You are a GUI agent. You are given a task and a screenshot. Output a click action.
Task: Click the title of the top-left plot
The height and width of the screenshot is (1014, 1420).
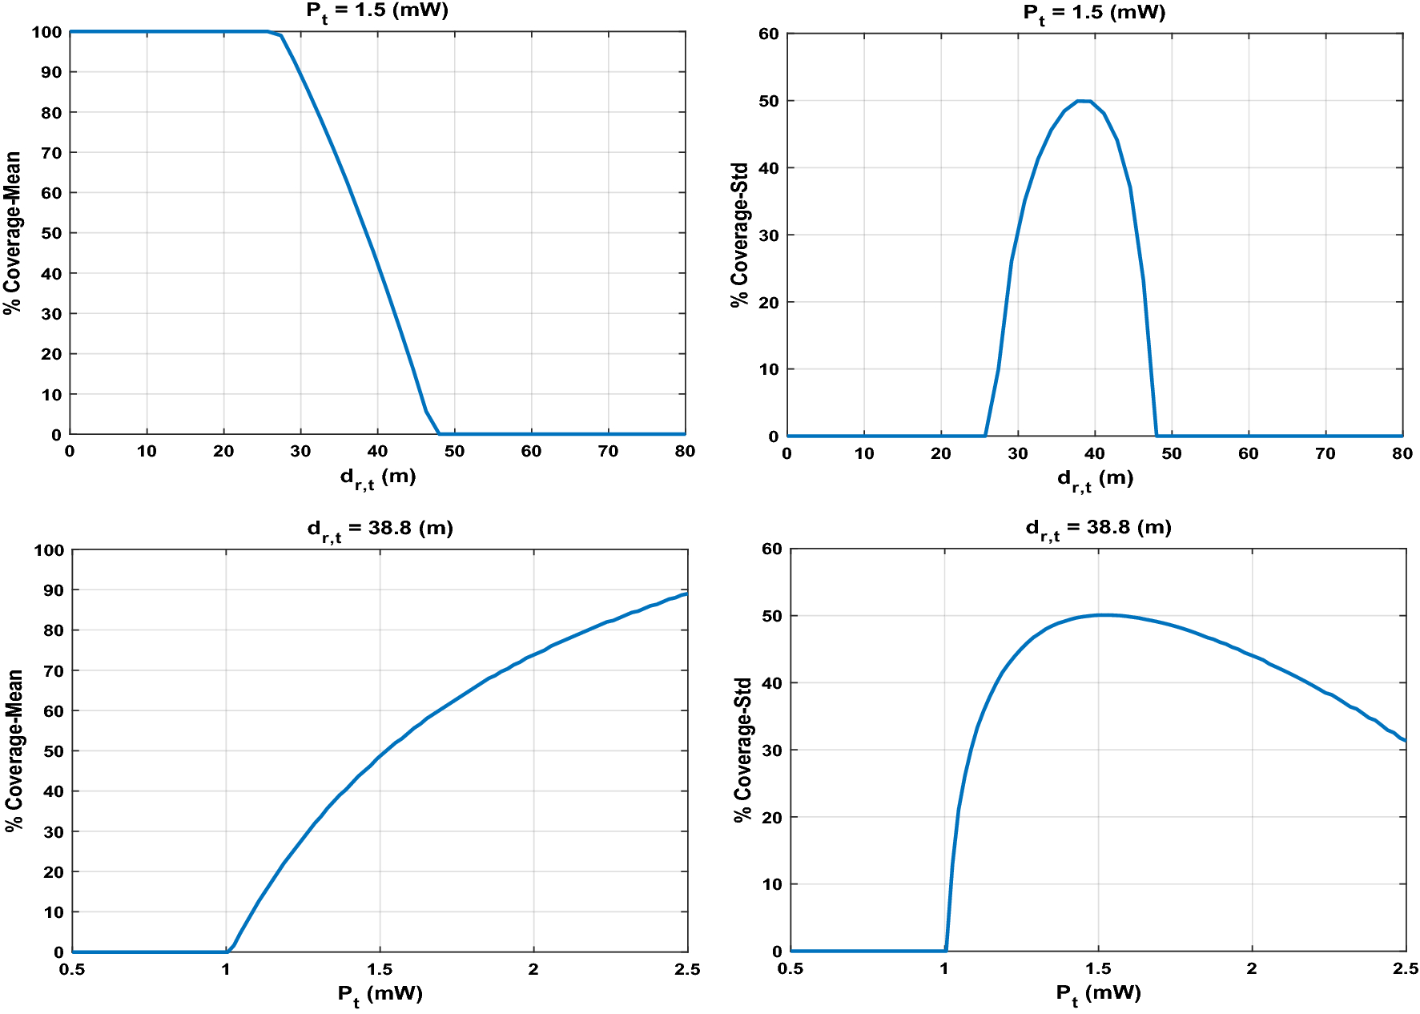(376, 11)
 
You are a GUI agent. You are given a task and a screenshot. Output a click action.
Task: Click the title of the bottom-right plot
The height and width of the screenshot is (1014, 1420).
(1098, 528)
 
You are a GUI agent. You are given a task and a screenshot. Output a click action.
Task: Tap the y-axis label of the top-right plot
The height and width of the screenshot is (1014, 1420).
(739, 235)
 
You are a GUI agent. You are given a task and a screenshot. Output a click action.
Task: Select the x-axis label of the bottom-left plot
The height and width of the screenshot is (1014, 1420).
(380, 995)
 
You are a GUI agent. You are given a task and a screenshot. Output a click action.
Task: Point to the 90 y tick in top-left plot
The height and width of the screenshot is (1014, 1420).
(51, 72)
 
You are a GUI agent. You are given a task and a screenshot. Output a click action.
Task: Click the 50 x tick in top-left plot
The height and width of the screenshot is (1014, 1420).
(454, 452)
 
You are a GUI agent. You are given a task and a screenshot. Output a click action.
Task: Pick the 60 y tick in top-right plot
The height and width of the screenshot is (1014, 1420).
(768, 34)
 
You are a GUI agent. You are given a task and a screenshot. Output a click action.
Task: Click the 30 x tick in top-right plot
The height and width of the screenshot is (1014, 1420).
(1017, 454)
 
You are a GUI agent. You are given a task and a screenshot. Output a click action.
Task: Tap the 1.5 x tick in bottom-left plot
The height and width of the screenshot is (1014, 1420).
(380, 970)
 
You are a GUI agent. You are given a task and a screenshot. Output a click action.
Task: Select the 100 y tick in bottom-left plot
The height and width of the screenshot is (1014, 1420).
(48, 550)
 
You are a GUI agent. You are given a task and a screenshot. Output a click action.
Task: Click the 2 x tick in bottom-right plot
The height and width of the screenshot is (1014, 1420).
(1252, 969)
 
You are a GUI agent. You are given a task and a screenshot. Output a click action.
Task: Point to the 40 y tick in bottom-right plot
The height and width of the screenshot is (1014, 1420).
(771, 683)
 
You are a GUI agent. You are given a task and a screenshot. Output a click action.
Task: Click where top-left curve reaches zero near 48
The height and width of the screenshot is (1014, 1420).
(439, 434)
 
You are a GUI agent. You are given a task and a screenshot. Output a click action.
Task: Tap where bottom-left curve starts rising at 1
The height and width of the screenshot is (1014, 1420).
(227, 952)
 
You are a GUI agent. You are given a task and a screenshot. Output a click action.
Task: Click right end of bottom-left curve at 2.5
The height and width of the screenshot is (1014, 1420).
(686, 594)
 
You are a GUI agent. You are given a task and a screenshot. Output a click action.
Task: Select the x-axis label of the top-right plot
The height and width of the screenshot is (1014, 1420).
(1095, 479)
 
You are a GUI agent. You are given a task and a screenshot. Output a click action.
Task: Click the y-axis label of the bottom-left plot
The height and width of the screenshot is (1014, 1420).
(14, 750)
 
